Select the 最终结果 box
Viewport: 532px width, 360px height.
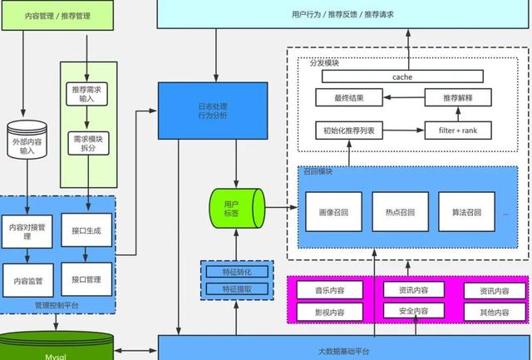(349, 97)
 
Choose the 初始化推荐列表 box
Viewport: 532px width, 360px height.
(349, 130)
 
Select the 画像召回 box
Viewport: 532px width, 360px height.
(332, 212)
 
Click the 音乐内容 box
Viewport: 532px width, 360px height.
(330, 291)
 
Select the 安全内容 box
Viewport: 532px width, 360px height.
(406, 310)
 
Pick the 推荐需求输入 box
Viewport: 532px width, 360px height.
(86, 92)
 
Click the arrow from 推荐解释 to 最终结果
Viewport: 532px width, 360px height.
(404, 97)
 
